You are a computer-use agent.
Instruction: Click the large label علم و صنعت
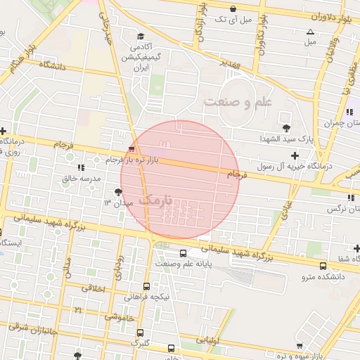[x=237, y=103]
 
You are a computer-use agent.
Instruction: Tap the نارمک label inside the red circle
[x=155, y=200]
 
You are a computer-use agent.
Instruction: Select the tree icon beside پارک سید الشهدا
[x=285, y=127]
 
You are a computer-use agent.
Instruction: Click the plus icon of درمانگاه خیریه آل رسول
[x=295, y=155]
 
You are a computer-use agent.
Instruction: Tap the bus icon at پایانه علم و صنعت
[x=183, y=254]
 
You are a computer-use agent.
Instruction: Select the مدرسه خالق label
[x=78, y=179]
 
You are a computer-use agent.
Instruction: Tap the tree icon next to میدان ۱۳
[x=117, y=192]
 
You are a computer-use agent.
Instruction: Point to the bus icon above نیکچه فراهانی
[x=146, y=286]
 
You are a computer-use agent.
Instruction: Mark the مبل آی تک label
[x=230, y=19]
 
